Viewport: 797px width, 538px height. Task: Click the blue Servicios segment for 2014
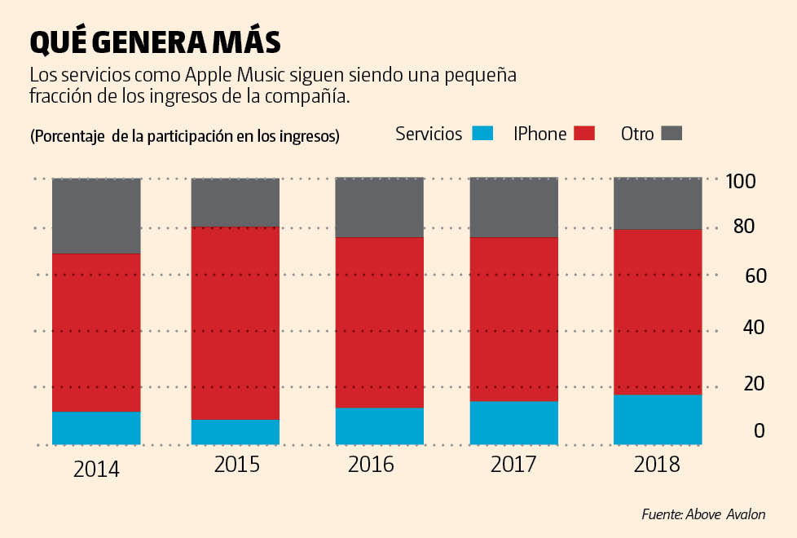(x=96, y=428)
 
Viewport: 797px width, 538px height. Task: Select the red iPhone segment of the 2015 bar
(x=236, y=323)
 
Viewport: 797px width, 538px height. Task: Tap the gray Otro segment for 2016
(x=380, y=207)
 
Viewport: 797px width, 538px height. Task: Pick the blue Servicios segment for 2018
(x=658, y=419)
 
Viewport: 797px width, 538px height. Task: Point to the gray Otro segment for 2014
(x=96, y=215)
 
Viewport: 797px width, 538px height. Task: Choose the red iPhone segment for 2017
(x=514, y=319)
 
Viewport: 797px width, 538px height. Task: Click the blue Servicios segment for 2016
(x=380, y=426)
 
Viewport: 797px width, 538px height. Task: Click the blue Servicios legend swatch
(x=483, y=134)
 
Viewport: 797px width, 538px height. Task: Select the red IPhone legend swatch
(x=585, y=134)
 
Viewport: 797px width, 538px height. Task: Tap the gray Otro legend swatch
(x=671, y=134)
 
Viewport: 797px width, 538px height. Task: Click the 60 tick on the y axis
(x=755, y=276)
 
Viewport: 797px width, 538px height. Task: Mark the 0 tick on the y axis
(x=760, y=430)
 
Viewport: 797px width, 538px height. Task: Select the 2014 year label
(x=96, y=470)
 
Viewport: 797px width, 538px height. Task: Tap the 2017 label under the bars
(x=513, y=465)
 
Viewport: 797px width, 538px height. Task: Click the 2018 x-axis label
(x=657, y=465)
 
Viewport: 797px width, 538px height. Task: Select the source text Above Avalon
(x=726, y=514)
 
